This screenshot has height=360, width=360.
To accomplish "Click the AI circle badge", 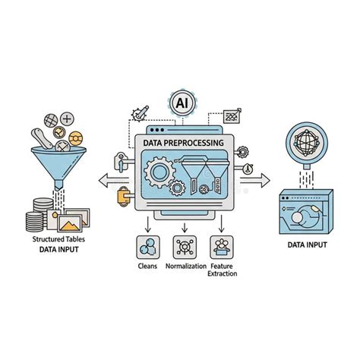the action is [182, 103].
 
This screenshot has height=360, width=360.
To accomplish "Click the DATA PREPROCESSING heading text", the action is [184, 143].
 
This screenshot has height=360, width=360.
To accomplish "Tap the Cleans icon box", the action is [148, 247].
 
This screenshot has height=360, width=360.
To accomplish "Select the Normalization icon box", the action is [185, 247].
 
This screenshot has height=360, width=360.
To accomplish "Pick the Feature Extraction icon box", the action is [222, 247].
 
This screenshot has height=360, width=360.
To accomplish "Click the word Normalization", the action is [186, 266].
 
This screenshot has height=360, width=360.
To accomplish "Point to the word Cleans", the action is [147, 266].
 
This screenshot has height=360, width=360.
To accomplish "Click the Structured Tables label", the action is [58, 239].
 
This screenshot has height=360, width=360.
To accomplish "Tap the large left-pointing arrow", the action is [114, 181].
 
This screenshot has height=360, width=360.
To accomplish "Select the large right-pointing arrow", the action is [255, 181].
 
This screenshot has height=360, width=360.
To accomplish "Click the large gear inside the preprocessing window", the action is [159, 172].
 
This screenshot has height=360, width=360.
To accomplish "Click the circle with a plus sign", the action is [67, 118].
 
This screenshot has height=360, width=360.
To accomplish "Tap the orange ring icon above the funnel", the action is [76, 138].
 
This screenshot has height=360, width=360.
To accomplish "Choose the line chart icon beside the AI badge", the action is [232, 116].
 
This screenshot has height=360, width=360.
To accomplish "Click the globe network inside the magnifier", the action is [307, 143].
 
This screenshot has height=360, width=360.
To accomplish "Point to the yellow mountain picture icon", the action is [70, 223].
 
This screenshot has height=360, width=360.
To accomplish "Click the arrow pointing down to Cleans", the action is [148, 224].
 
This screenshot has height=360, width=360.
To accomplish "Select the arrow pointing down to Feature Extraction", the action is [222, 224].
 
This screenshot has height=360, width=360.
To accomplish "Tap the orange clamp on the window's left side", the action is [124, 196].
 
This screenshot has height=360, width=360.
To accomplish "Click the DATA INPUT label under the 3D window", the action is [307, 245].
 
